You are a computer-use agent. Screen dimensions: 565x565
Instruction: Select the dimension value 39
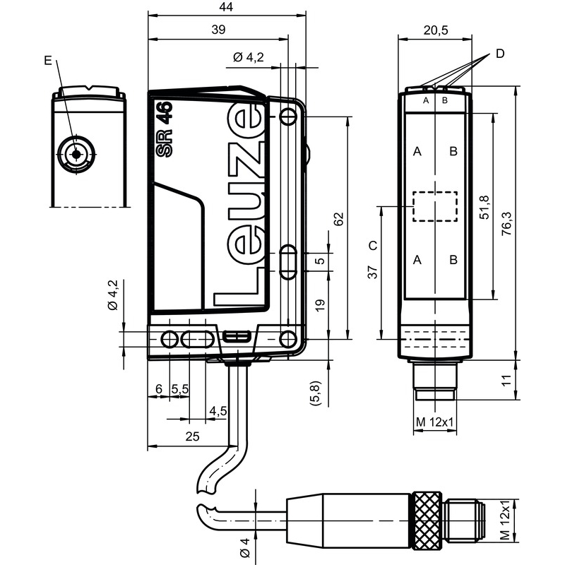pos(218,29)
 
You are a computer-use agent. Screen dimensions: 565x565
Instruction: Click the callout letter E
pos(48,61)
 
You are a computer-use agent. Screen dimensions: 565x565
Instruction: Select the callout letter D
pos(500,54)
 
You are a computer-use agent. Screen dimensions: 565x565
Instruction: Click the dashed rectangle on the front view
pos(435,206)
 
